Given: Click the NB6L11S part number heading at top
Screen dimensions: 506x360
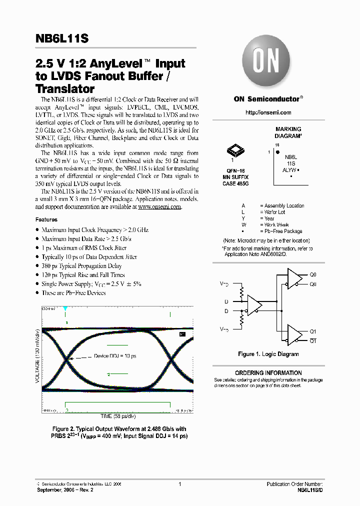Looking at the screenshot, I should tap(62, 38).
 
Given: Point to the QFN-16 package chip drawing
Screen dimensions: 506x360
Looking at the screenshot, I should tap(234, 150).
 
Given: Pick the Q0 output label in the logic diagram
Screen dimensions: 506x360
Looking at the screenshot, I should tap(313, 275).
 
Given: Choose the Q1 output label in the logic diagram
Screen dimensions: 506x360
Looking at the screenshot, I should tap(313, 331).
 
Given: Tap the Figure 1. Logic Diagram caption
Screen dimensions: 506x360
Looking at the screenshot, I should tap(268, 354).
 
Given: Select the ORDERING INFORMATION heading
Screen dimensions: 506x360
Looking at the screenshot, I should tap(268, 373).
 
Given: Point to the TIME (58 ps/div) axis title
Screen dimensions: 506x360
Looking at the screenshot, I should tap(118, 416).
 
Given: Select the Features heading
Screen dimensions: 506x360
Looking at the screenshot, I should tap(46, 219).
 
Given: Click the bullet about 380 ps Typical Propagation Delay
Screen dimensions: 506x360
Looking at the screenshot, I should tap(81, 266).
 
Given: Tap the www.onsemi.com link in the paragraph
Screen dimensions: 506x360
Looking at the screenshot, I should tap(159, 207).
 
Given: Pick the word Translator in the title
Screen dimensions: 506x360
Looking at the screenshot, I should tap(65, 89).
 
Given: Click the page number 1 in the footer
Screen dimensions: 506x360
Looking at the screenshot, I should tap(179, 484).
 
